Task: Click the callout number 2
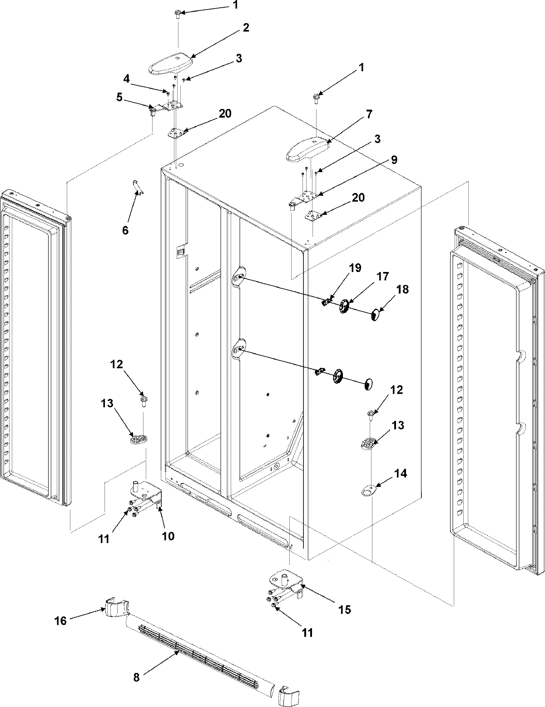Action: [x=246, y=28]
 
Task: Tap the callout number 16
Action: [x=60, y=620]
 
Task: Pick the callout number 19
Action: [x=355, y=268]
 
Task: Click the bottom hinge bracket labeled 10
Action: [x=145, y=495]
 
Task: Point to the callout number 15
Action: [x=345, y=609]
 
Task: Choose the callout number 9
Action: [x=393, y=160]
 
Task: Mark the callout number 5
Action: [x=119, y=97]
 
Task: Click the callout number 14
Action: [x=400, y=474]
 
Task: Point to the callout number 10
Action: [x=168, y=536]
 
